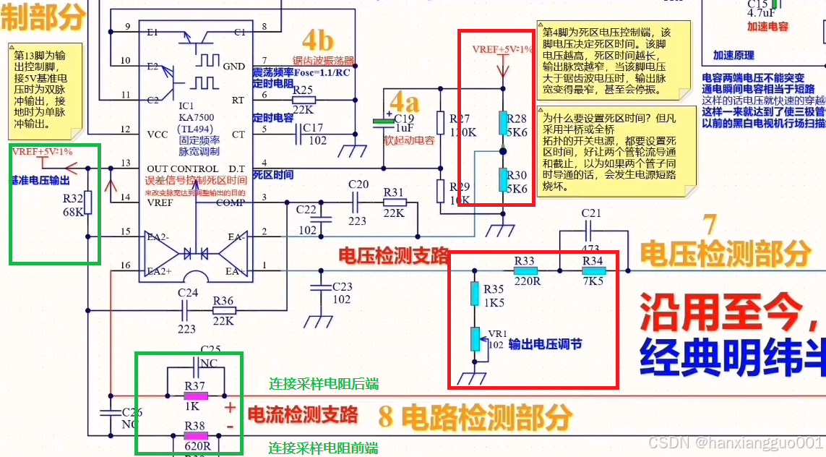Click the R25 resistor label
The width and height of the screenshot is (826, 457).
coord(303,90)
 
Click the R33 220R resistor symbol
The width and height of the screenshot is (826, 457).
coord(524,272)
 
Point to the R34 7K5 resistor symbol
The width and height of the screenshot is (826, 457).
coord(593,272)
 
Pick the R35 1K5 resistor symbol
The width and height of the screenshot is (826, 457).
coord(475,293)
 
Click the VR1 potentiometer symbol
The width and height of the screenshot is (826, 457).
coord(475,338)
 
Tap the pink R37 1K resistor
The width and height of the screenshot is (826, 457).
coord(195,396)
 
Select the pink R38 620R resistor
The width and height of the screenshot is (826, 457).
coord(195,436)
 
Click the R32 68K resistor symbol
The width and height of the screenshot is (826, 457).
coord(88,203)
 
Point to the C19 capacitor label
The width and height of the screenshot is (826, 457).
coord(404,118)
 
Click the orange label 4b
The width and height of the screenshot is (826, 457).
coord(317,40)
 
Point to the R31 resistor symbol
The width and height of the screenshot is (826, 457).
coord(395,203)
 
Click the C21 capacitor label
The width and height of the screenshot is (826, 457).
coord(591,213)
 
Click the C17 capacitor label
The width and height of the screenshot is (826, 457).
coord(313,127)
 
